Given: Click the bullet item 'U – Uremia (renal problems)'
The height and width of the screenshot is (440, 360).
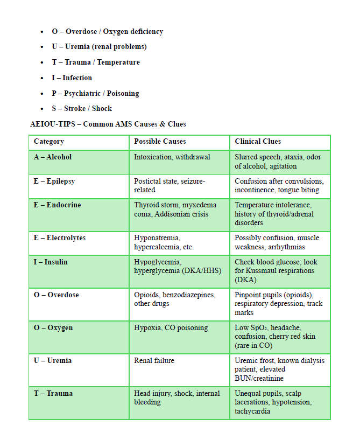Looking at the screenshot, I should click(99, 47).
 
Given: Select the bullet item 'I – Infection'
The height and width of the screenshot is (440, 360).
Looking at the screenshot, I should click(72, 78).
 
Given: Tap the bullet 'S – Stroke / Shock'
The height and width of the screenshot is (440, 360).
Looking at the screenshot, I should click(82, 108).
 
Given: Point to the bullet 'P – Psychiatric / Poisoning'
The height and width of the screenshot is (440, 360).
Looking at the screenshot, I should click(95, 93).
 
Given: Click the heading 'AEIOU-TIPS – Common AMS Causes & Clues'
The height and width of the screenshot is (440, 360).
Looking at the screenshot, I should click(108, 124).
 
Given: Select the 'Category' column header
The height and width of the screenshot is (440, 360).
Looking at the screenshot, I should click(49, 142).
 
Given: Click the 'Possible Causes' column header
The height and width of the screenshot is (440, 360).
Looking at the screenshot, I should click(160, 142).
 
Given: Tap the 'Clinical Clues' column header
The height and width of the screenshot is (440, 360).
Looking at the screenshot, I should click(258, 142).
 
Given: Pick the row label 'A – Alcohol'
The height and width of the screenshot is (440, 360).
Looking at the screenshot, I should click(53, 157).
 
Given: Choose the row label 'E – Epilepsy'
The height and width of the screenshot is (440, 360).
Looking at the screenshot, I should click(54, 181).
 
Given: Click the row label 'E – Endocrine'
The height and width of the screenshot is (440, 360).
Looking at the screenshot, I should click(57, 205).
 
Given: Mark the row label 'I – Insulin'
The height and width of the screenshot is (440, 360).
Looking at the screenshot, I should click(51, 262).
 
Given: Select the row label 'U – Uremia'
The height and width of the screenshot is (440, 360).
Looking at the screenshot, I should click(53, 361).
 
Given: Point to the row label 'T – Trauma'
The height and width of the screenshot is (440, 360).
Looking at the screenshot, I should click(53, 394).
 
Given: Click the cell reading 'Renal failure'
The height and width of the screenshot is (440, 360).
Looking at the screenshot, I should click(154, 361).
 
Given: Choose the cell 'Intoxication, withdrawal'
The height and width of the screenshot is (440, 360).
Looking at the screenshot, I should click(172, 157).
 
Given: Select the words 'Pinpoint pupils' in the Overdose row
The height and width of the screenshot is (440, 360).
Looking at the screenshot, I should click(259, 295).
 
